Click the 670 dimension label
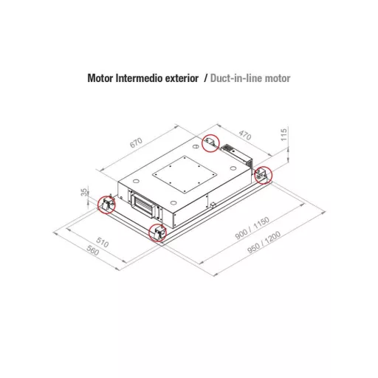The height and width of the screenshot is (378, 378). click(136, 142)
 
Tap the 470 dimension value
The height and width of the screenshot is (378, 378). click(245, 135)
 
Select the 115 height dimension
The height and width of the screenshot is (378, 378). click(284, 134)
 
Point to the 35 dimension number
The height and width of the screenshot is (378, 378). click(84, 192)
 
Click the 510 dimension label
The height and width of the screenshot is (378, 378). click(103, 242)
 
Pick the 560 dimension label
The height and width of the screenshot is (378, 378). click(93, 251)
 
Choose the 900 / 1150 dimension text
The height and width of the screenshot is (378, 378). click(252, 228)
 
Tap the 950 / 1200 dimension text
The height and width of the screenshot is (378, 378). click(264, 242)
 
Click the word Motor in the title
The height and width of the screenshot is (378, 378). click(100, 78)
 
